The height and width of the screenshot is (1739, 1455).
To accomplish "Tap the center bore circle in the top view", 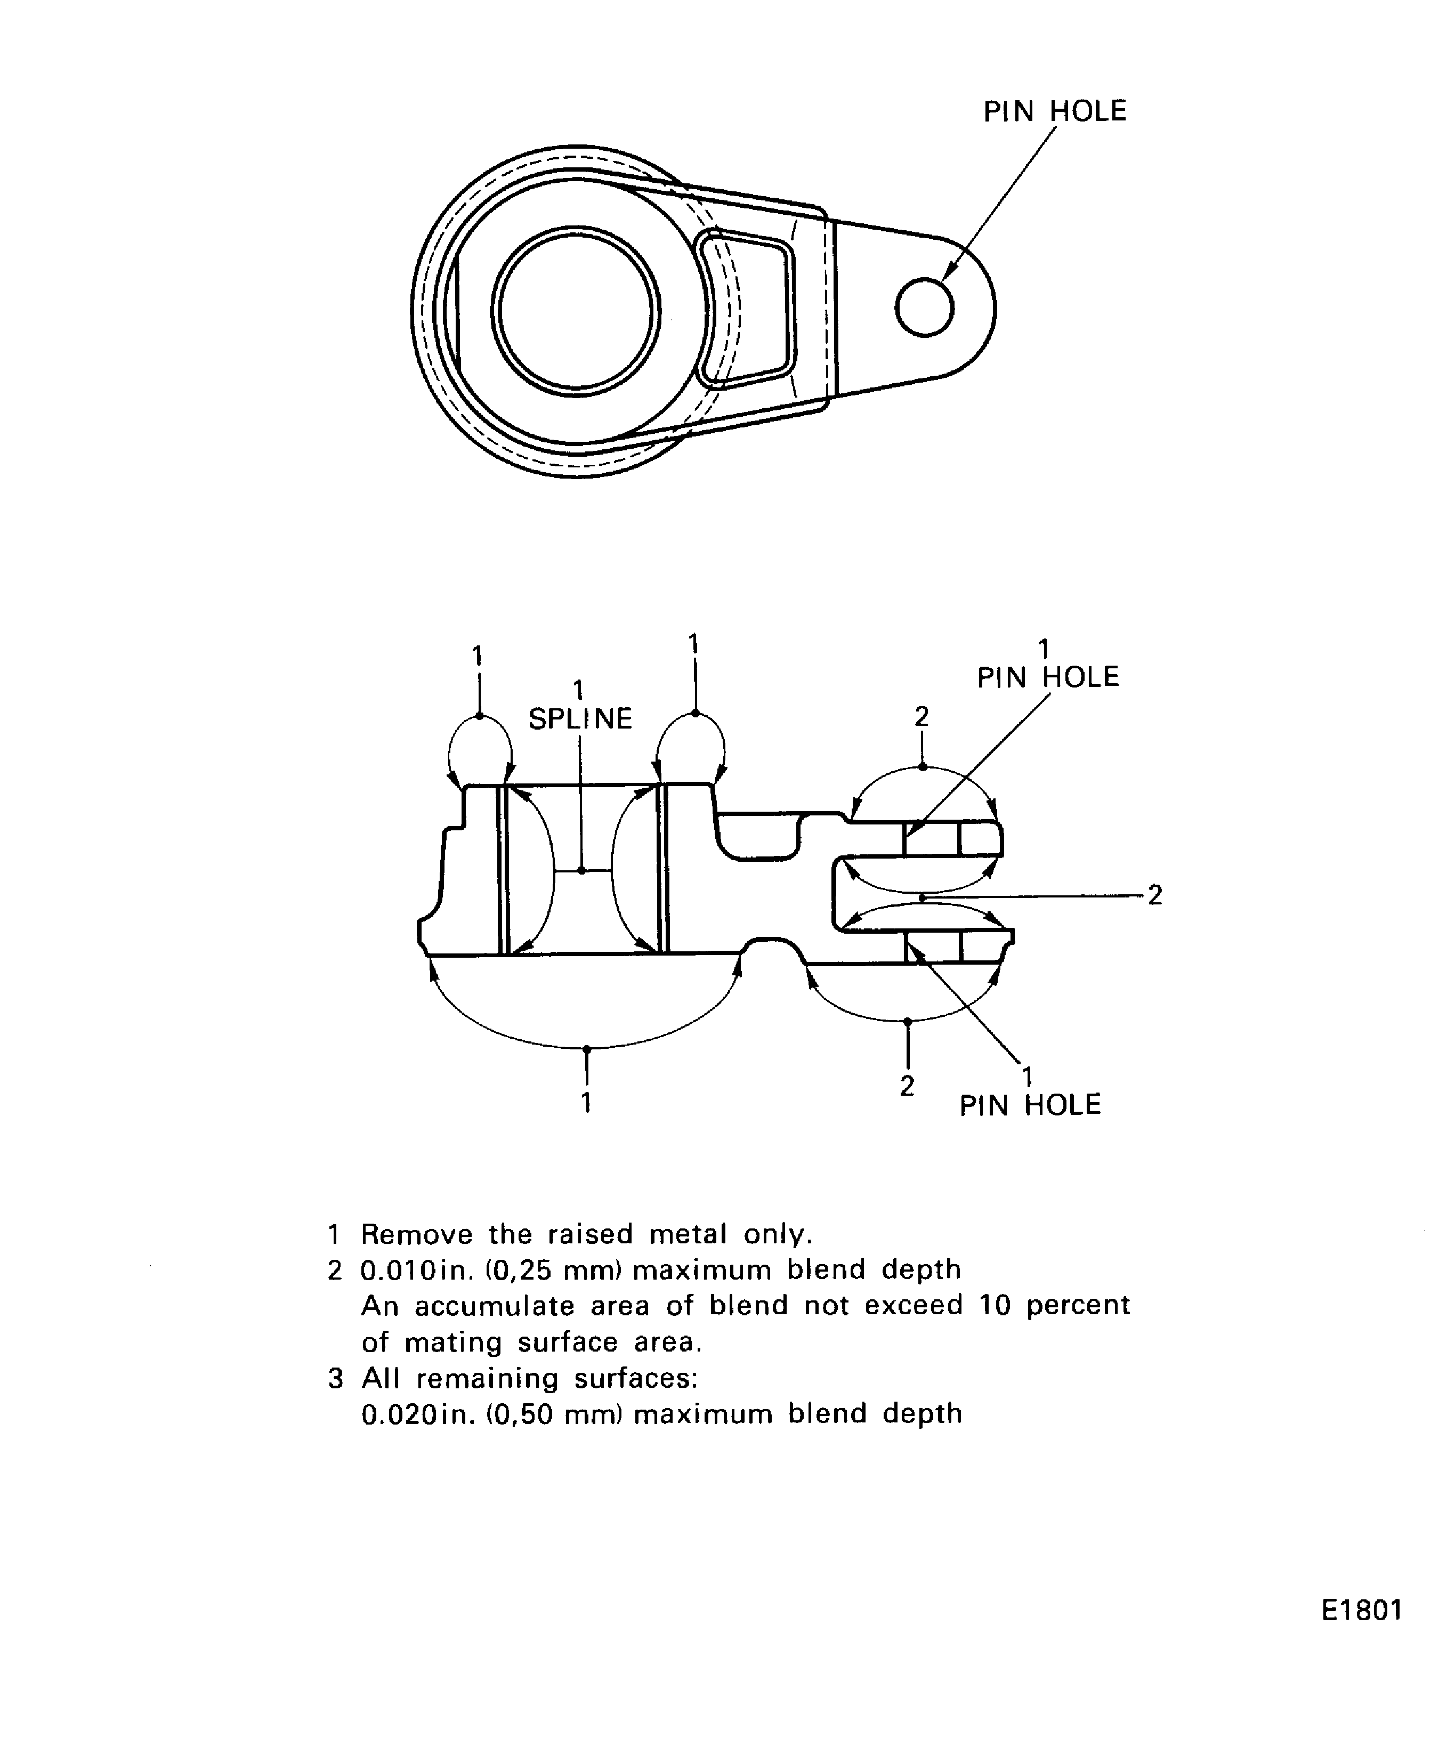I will (x=576, y=311).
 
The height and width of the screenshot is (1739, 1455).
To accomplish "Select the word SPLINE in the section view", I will (x=580, y=719).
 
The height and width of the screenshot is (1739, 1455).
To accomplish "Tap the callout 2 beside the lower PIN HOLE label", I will (x=907, y=1086).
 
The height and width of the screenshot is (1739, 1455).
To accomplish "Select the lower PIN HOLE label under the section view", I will (x=1030, y=1105).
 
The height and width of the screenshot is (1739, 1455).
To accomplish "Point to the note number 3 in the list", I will (x=335, y=1378).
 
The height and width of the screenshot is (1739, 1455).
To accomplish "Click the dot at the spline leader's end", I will (x=581, y=870).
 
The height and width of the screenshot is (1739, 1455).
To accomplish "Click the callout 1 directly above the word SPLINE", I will (x=578, y=689).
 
